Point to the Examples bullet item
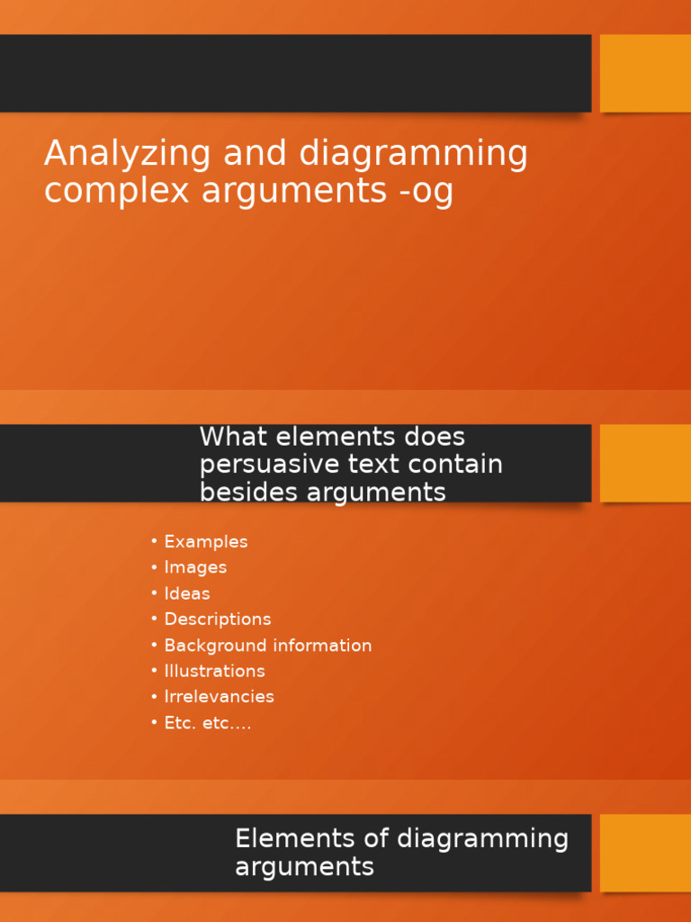[x=206, y=542]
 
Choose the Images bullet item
[x=195, y=567]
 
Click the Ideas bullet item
[x=187, y=593]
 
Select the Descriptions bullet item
[x=218, y=619]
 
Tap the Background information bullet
[x=268, y=646]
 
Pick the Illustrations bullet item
[x=214, y=671]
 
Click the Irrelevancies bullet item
[x=219, y=697]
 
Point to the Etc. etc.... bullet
[x=208, y=723]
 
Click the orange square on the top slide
[x=645, y=73]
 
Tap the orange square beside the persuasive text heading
[x=645, y=463]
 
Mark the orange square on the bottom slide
[x=645, y=853]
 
